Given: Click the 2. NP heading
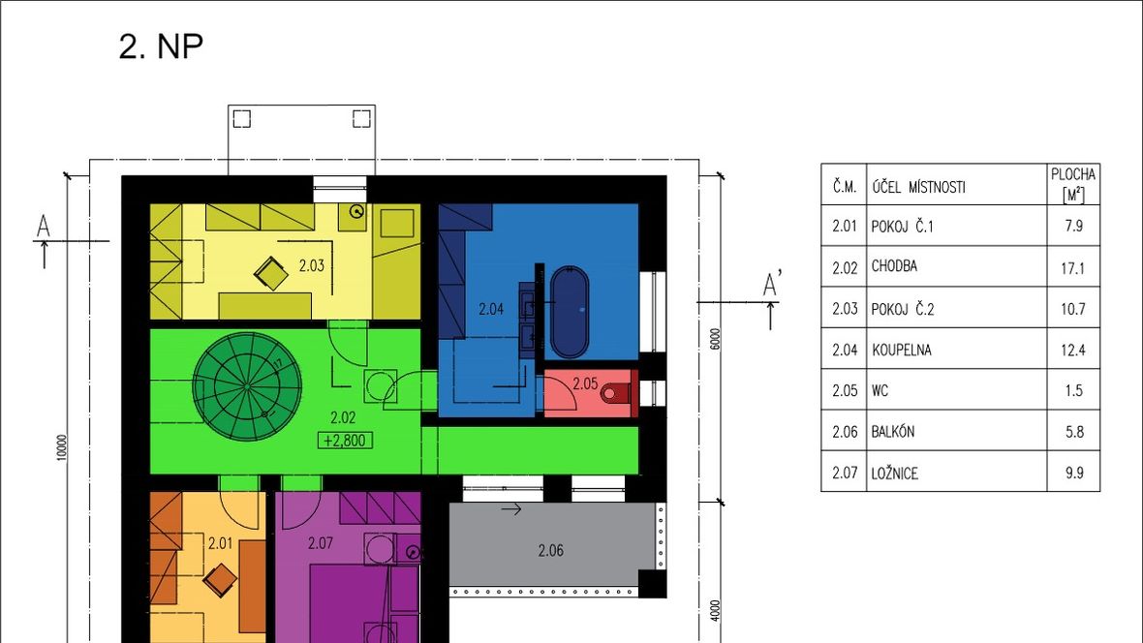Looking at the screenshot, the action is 161,46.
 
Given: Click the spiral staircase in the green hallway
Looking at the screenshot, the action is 247,385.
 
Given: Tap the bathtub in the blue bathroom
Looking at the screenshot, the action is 569,311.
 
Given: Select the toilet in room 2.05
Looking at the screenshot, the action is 617,394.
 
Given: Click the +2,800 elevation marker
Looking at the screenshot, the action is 345,441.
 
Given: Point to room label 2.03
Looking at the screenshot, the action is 311,266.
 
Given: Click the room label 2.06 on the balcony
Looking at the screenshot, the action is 550,550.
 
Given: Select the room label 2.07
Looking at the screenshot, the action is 320,543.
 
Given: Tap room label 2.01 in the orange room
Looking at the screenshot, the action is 220,543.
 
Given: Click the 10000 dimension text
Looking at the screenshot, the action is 61,446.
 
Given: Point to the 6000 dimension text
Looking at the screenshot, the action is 715,339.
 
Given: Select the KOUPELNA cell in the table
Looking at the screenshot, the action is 901,350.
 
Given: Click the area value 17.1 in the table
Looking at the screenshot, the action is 1073,268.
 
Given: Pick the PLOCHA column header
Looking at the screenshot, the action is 1073,184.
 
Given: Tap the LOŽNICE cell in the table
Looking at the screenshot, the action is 894,474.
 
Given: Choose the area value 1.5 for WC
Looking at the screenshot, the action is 1074,391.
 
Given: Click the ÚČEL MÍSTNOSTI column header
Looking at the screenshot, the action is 918,187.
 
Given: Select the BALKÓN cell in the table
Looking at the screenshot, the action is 893,432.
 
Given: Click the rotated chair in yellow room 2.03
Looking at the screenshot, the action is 271,273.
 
